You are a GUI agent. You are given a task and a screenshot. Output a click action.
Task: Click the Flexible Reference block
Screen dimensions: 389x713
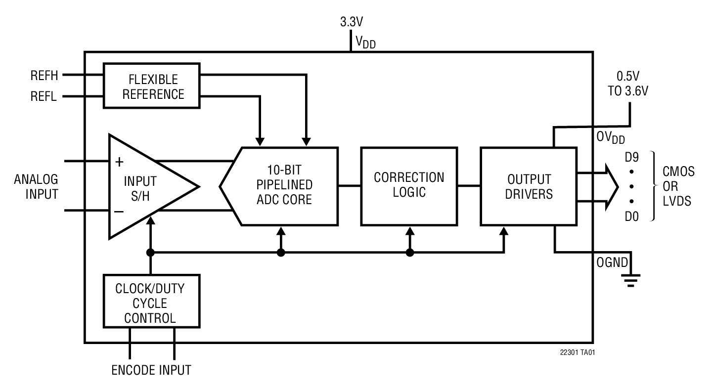[152, 86]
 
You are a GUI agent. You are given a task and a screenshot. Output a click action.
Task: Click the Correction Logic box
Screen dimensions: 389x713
[409, 185]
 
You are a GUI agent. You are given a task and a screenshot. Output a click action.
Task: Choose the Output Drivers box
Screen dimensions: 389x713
[529, 186]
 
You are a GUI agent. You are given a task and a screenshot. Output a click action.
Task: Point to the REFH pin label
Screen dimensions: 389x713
[44, 76]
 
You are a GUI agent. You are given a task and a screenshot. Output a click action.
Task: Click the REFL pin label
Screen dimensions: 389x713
[44, 97]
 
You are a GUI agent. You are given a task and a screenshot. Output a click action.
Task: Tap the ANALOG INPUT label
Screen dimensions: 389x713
[36, 186]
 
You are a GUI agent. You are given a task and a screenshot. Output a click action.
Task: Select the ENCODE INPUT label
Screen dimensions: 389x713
[151, 370]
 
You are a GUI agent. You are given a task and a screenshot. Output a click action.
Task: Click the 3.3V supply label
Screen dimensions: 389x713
[352, 22]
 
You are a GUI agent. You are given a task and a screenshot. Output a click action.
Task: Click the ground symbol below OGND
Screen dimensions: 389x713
[629, 281]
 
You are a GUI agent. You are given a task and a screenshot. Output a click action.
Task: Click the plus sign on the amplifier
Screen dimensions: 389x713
[119, 162]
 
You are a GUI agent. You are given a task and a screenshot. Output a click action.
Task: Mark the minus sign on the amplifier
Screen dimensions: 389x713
[119, 211]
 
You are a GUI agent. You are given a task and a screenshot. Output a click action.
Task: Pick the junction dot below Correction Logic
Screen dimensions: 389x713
[409, 253]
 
